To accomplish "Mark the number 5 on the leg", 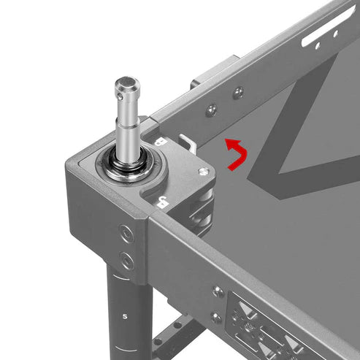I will (x=126, y=315).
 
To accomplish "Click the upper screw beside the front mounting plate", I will (x=218, y=291).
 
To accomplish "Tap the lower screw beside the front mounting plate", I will (x=217, y=316).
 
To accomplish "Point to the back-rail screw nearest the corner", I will (x=210, y=110).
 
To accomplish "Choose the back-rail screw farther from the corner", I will (x=238, y=92).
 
